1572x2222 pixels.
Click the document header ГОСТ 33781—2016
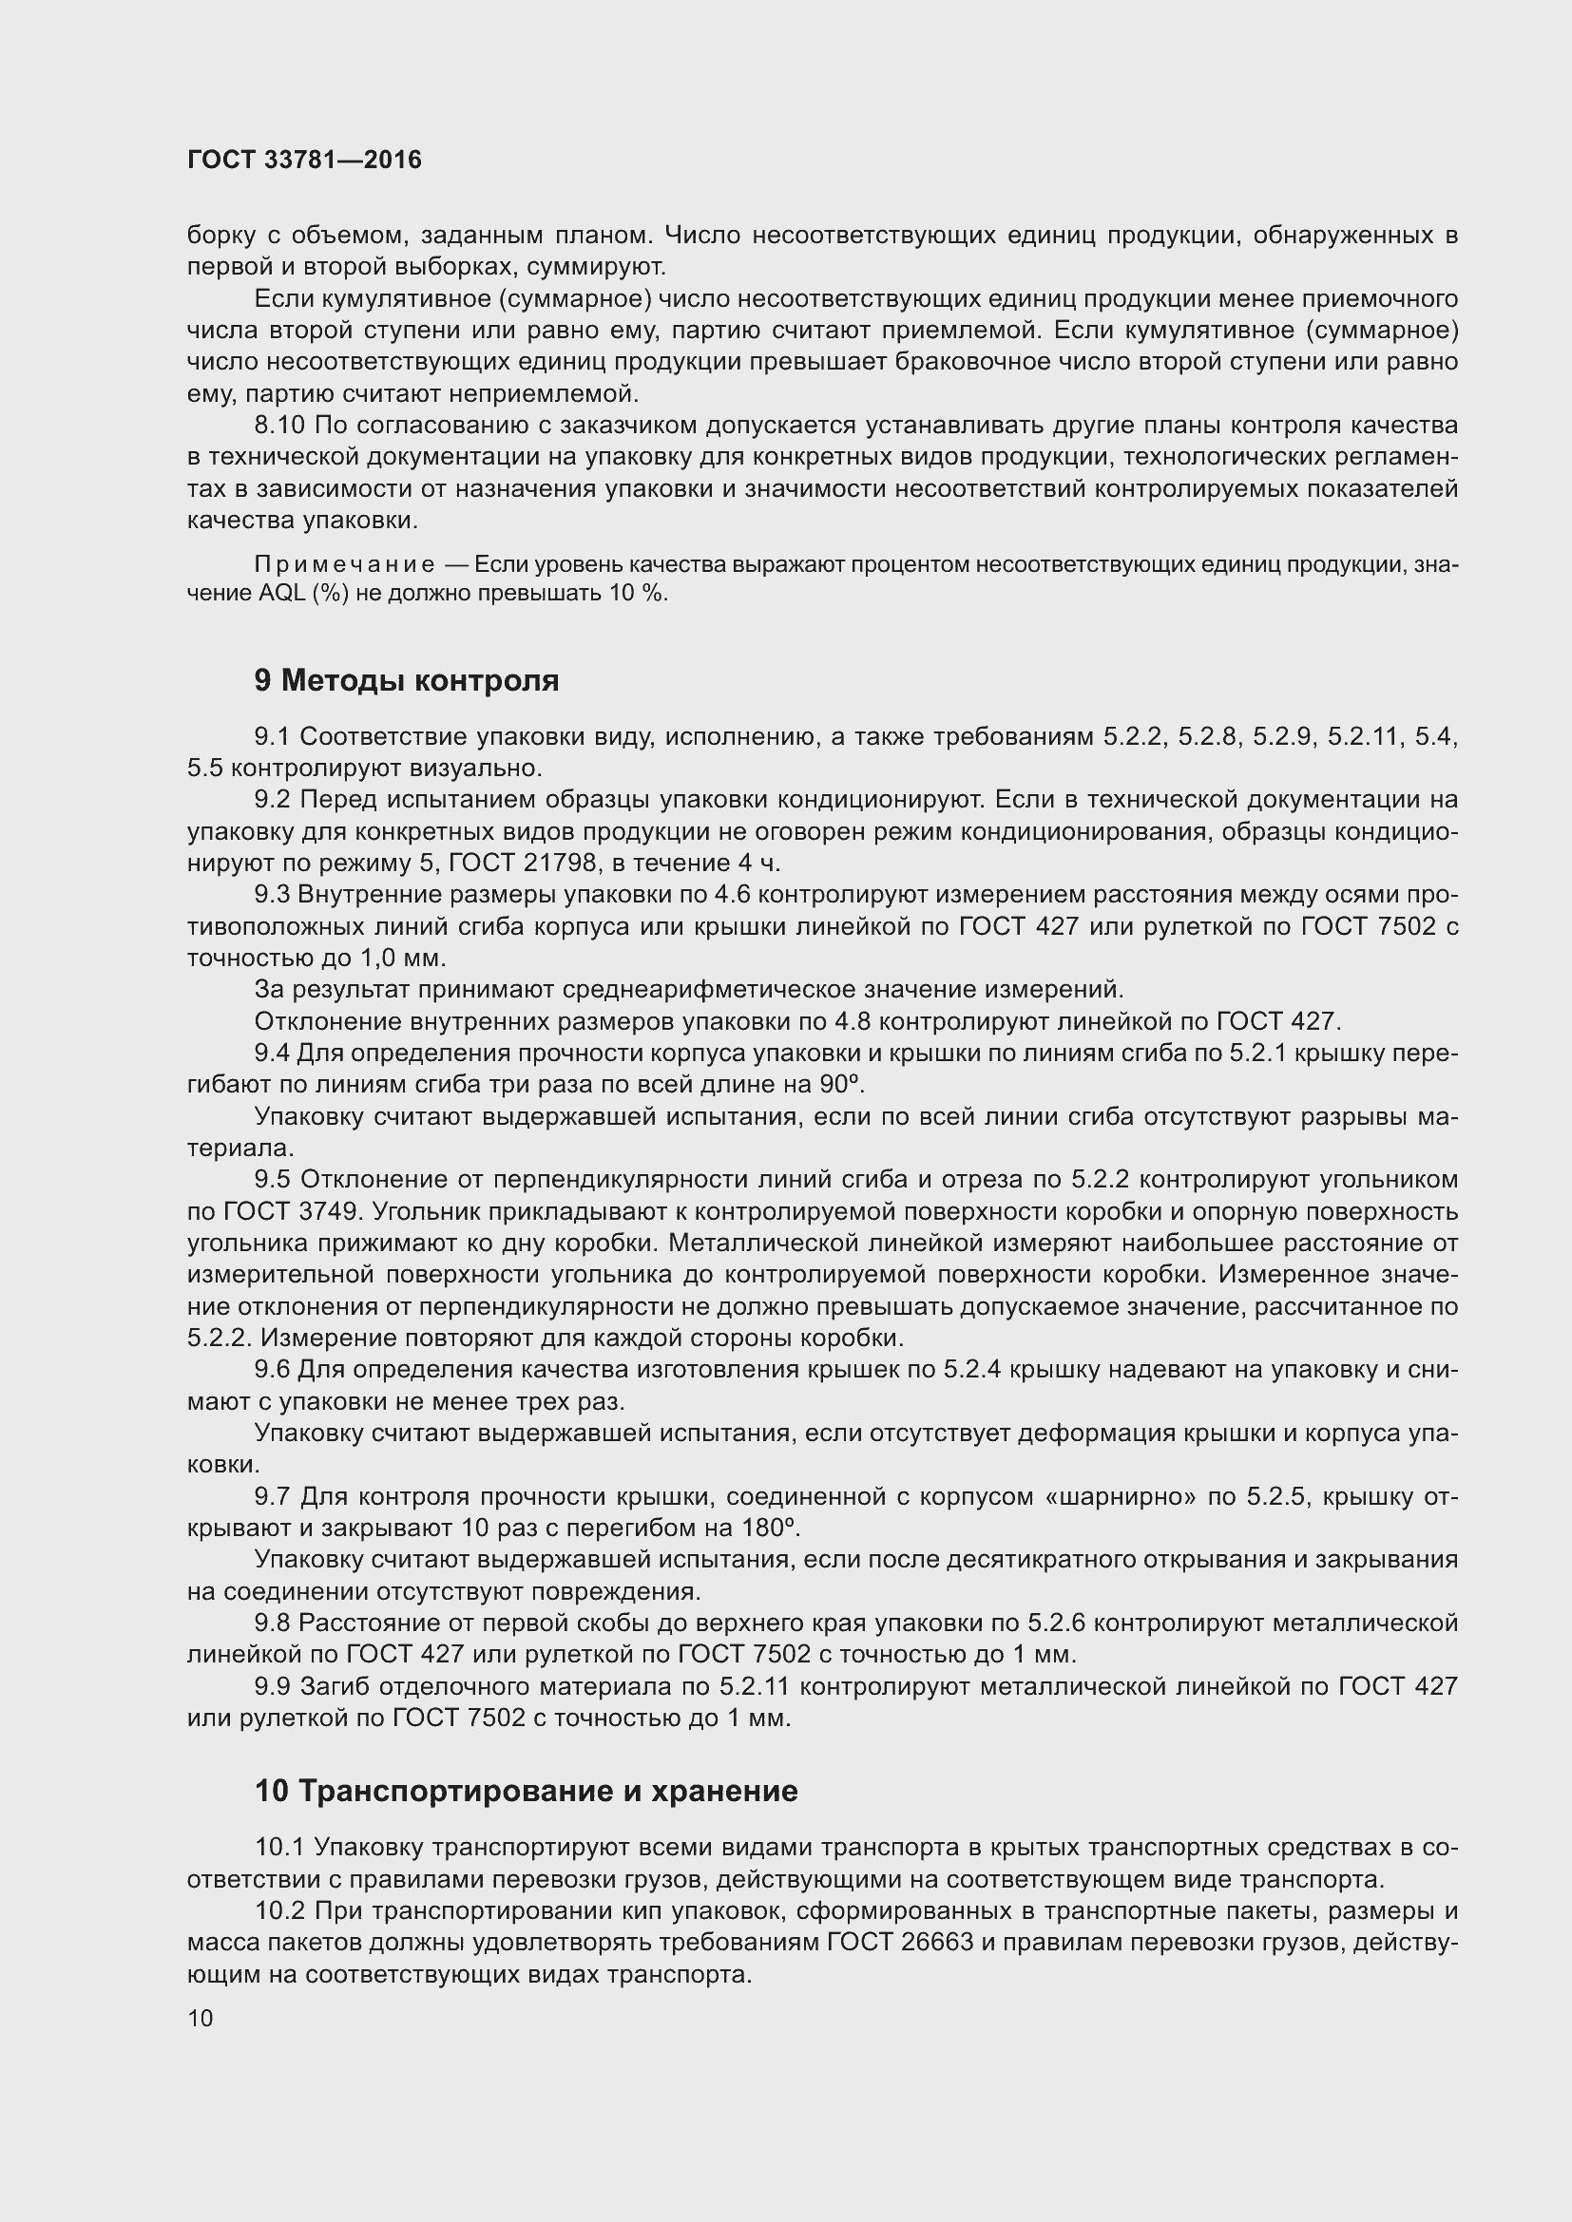pyautogui.click(x=304, y=160)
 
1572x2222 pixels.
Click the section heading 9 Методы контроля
pyautogui.click(x=407, y=680)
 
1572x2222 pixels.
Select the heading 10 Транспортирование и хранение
pyautogui.click(x=526, y=1791)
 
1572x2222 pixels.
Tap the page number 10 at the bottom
pyautogui.click(x=201, y=2018)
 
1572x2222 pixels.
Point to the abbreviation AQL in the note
pyautogui.click(x=282, y=593)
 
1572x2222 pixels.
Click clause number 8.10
pyautogui.click(x=279, y=425)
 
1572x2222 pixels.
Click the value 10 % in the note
pyautogui.click(x=636, y=593)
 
